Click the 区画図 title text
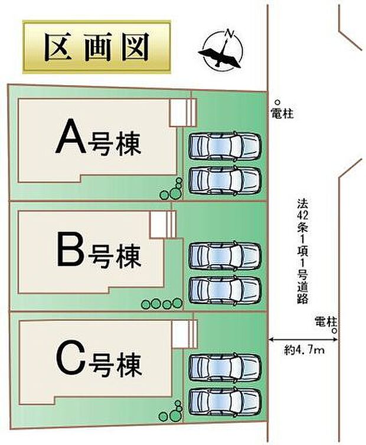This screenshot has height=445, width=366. (97, 47)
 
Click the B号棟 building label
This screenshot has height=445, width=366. (99, 251)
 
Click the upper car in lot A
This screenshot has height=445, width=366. (225, 146)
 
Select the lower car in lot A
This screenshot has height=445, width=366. (225, 180)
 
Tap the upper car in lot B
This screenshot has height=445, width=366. (225, 256)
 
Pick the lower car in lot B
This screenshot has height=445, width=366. (225, 290)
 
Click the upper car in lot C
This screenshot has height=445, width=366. (225, 368)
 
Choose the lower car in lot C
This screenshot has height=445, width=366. (225, 402)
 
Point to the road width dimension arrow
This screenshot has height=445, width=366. (303, 339)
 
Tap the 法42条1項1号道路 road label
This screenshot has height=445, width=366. (302, 251)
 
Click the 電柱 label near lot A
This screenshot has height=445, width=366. (282, 113)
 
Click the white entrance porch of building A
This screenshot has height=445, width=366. (182, 113)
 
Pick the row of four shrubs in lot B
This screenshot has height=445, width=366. (162, 304)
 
